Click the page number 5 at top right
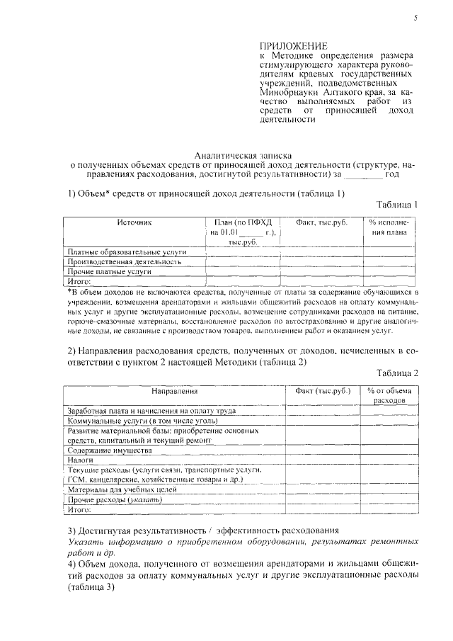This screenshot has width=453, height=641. [415, 18]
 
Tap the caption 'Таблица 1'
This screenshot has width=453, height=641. [398, 205]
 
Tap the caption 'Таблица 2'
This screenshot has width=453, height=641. [398, 373]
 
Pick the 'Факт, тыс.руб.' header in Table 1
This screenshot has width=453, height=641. [322, 222]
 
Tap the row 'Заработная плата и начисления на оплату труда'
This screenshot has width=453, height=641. [147, 410]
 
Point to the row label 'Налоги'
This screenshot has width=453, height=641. [80, 460]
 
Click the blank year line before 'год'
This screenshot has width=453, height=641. [362, 174]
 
